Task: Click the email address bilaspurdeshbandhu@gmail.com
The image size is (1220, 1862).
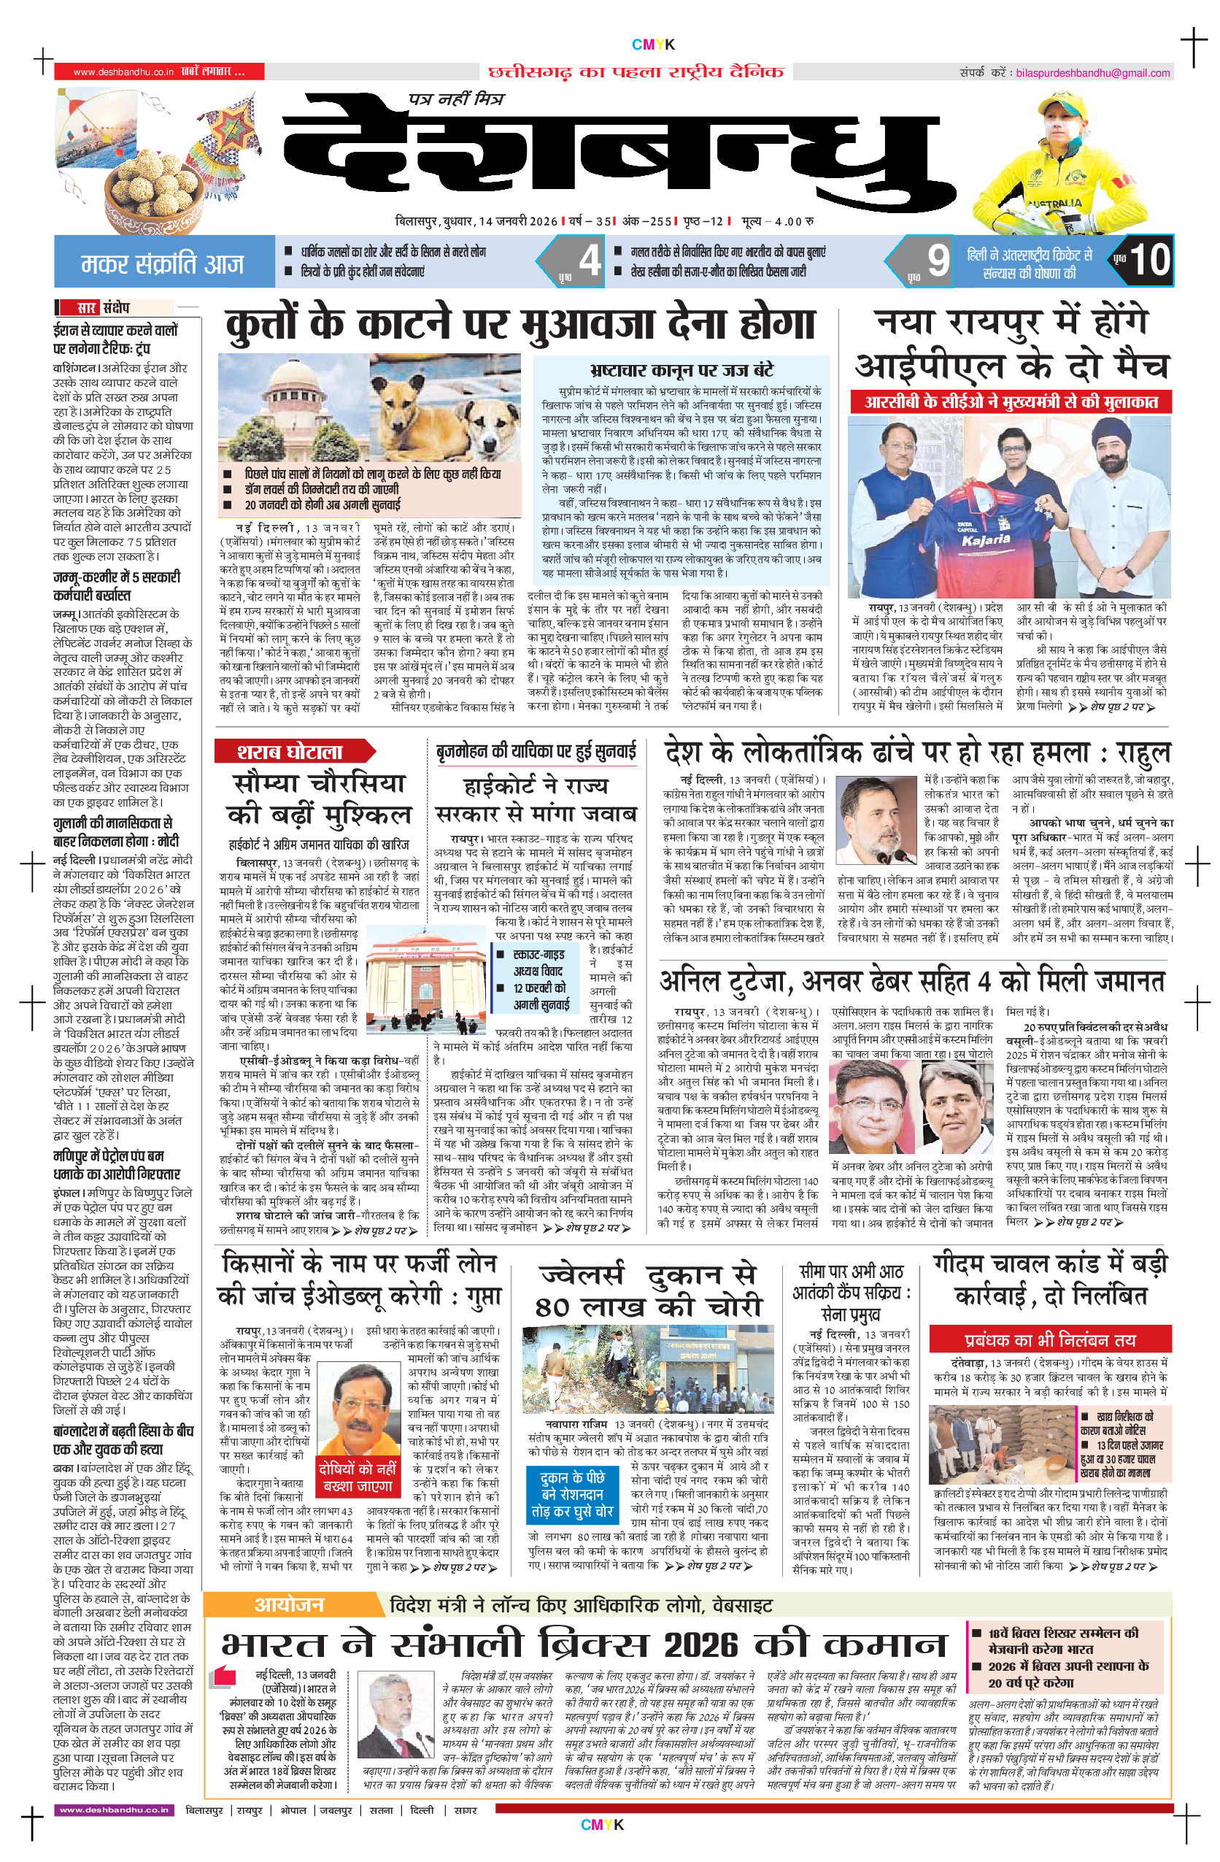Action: point(1092,73)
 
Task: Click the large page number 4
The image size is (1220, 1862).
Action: point(589,260)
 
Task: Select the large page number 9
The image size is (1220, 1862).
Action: point(938,261)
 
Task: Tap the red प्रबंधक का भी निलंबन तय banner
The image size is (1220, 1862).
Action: point(1049,1339)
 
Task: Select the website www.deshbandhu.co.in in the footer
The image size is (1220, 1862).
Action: point(114,1809)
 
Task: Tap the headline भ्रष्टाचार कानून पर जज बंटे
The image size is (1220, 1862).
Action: point(682,370)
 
